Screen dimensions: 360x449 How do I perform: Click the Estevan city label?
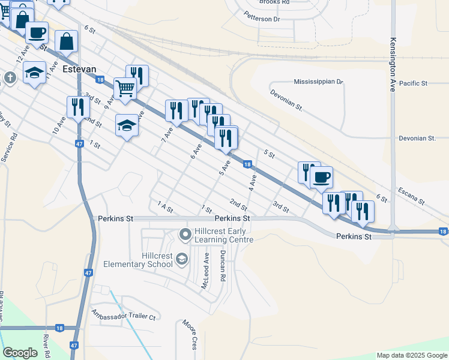pos(79,69)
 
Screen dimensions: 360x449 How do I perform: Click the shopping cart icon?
pos(124,88)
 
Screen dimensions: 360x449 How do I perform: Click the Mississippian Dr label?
pos(318,82)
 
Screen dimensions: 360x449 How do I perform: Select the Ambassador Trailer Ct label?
pos(123,314)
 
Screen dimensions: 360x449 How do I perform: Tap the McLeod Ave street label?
pos(205,271)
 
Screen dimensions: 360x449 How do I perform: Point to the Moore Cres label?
pos(190,335)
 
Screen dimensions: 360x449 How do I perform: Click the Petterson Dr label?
pos(262,19)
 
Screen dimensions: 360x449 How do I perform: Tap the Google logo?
pos(20,353)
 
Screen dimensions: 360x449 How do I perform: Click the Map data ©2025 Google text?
pos(412,355)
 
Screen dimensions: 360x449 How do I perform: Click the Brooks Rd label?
pos(274,2)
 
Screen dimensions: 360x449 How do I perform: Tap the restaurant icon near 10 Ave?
pos(78,107)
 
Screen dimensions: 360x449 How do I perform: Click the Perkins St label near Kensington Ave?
pos(354,237)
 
